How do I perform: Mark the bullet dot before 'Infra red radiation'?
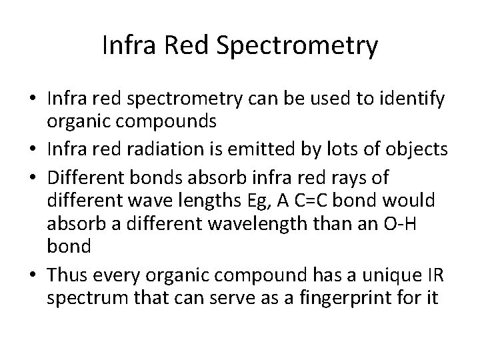click(x=35, y=151)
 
